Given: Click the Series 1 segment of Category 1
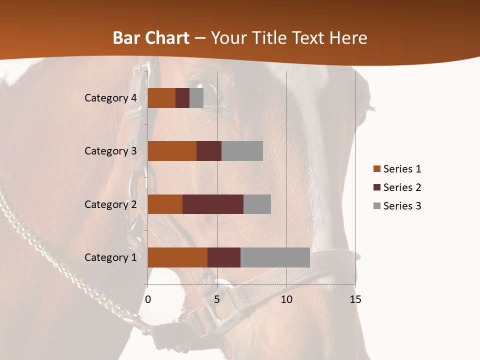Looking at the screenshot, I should click(x=177, y=257).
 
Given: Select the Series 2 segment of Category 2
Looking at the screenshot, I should click(x=213, y=204).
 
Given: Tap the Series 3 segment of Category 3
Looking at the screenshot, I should click(x=242, y=151).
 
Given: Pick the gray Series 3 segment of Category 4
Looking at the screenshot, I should click(x=196, y=98).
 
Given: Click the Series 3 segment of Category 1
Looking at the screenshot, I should click(x=275, y=257).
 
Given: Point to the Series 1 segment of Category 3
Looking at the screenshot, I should click(x=172, y=151).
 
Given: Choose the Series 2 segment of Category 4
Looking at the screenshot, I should click(x=182, y=98).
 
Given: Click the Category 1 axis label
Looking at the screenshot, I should click(x=110, y=257).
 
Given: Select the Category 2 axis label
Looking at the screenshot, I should click(x=110, y=204).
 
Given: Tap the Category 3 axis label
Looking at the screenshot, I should click(x=110, y=151).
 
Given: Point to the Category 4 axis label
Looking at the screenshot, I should click(x=110, y=98).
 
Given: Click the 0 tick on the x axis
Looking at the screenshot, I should click(x=148, y=300).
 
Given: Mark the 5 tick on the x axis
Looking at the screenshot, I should click(x=217, y=300).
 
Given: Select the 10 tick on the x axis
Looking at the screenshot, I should click(x=286, y=300).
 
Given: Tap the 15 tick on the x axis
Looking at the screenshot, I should click(x=355, y=300).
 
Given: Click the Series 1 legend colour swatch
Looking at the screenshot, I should click(x=377, y=169).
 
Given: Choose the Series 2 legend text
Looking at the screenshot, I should click(x=402, y=187).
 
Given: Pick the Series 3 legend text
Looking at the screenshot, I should click(x=402, y=206).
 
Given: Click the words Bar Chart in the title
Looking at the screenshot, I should click(x=151, y=38).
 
